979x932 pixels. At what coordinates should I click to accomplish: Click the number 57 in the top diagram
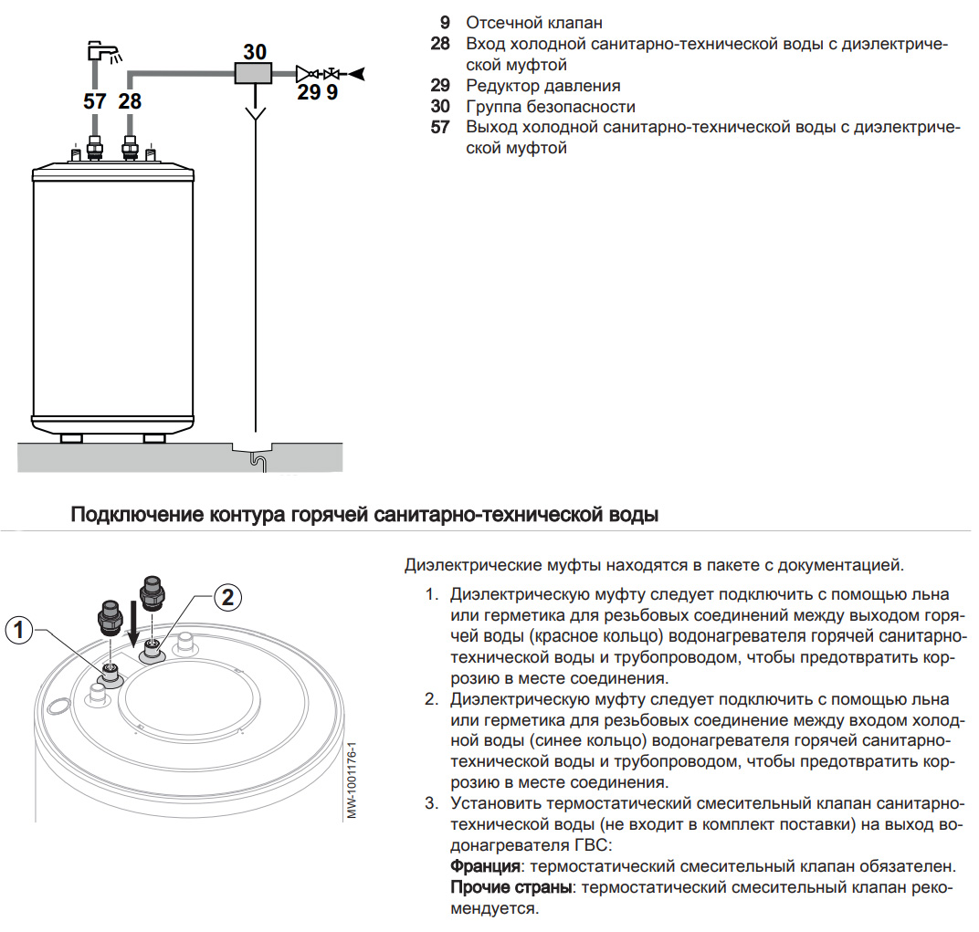[x=95, y=101]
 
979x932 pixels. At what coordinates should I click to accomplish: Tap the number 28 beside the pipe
[x=131, y=101]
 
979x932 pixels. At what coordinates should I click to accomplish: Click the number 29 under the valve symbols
[x=309, y=92]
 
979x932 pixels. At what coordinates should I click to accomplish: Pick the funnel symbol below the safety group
[x=256, y=113]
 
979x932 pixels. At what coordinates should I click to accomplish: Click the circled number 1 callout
[x=20, y=629]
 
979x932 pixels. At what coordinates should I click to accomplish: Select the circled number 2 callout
[x=228, y=598]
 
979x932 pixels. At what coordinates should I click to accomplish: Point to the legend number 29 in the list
[x=440, y=85]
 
